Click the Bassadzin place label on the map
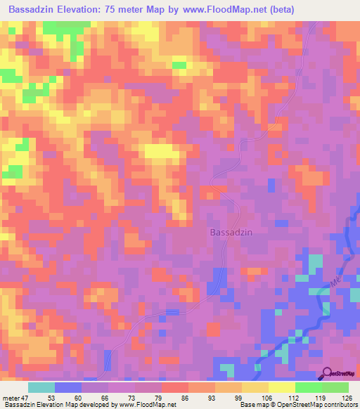[231, 231]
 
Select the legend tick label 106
[266, 397]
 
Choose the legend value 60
[80, 397]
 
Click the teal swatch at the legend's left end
[41, 387]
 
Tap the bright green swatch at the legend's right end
[335, 387]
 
